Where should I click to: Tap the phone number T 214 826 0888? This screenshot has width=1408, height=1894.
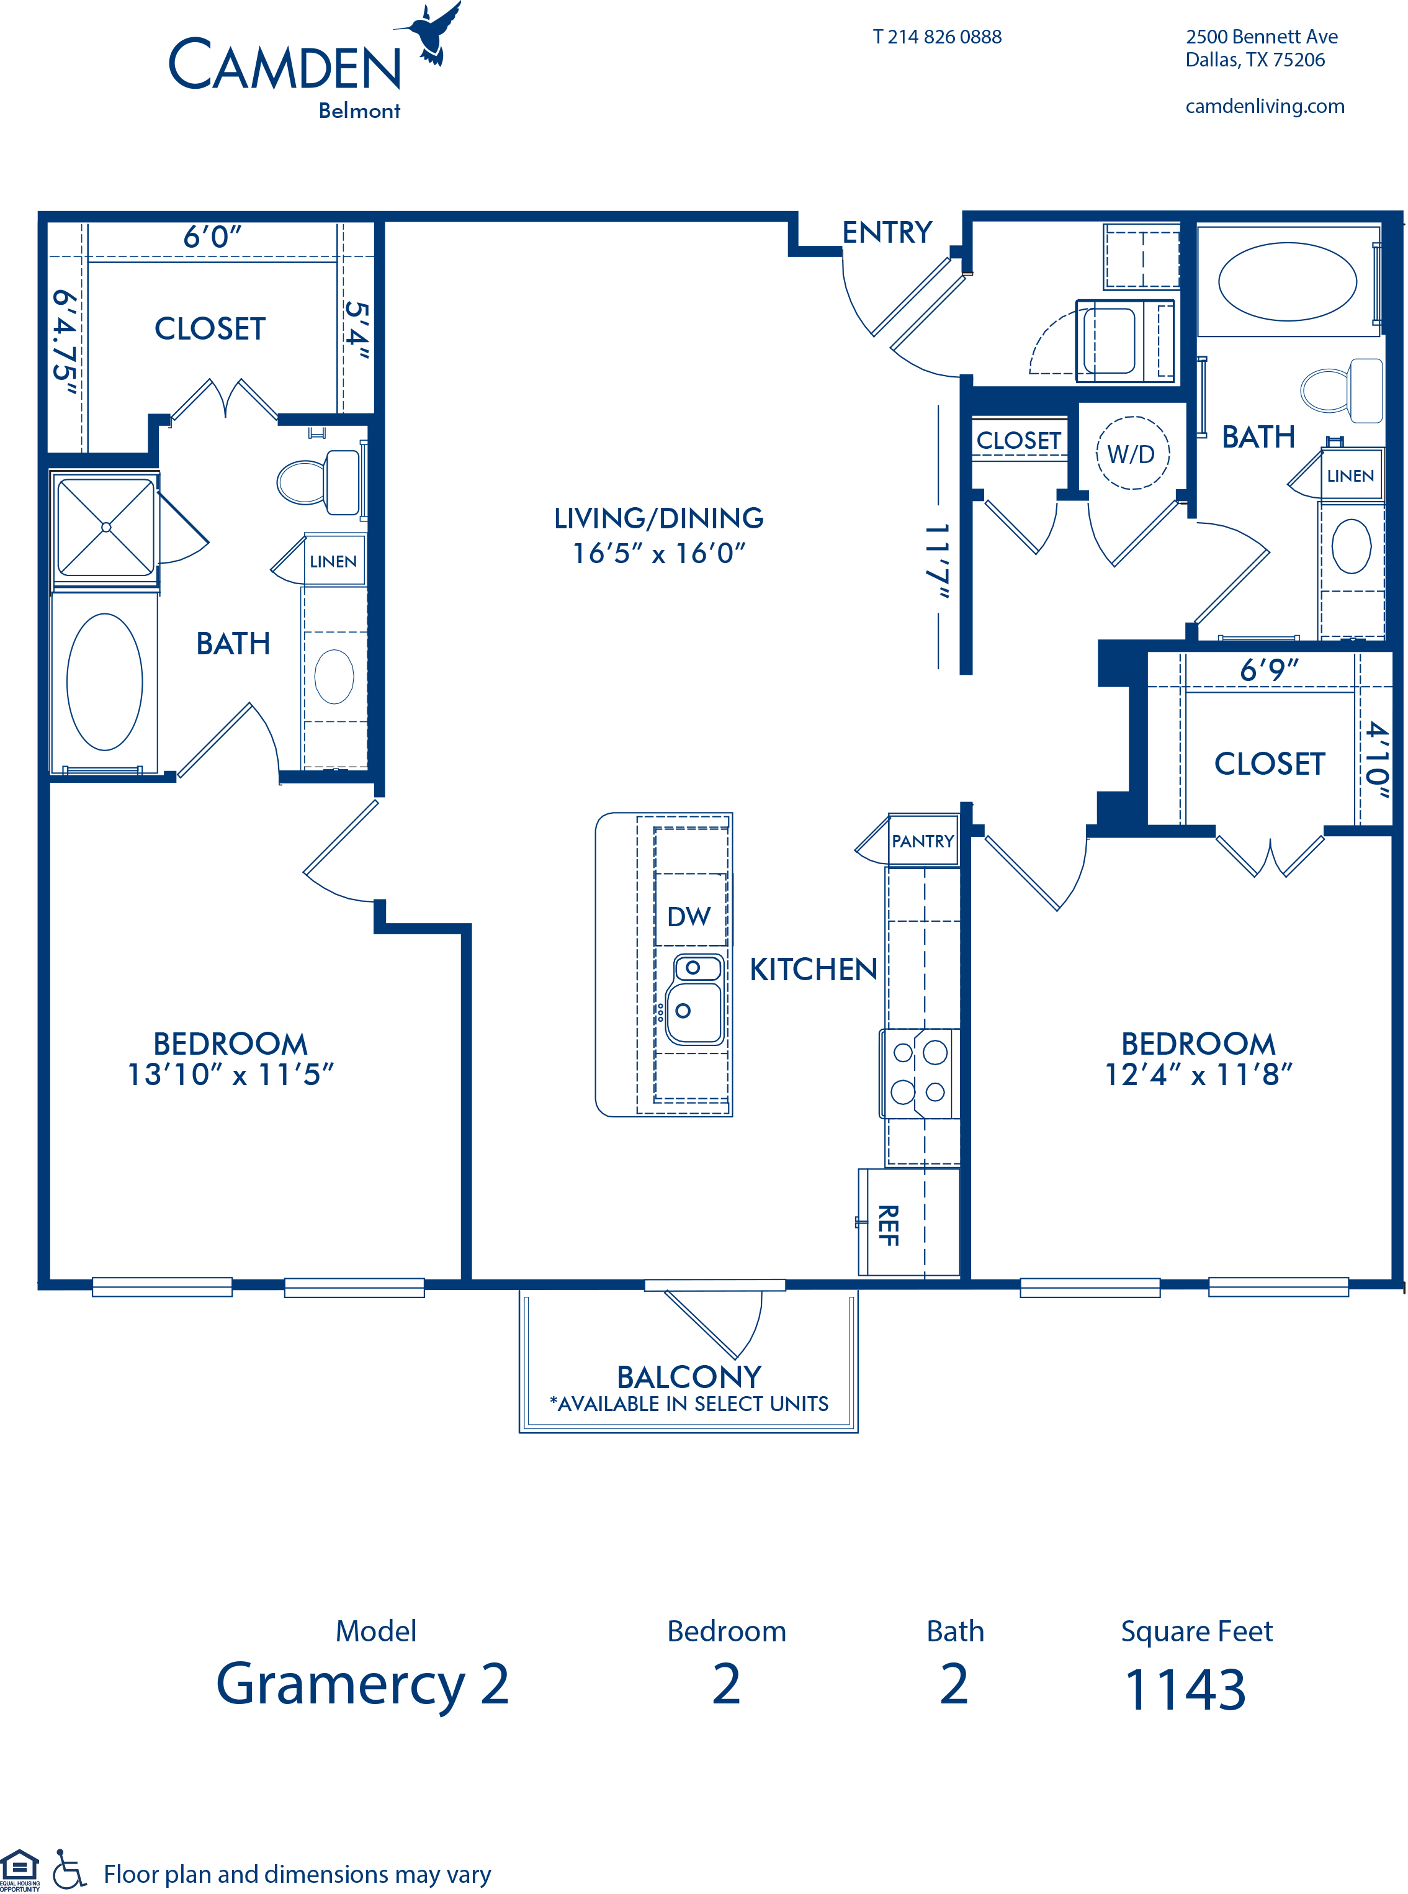(936, 37)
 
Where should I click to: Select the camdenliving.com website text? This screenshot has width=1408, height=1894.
(1265, 107)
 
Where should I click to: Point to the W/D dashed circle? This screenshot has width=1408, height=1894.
(1132, 453)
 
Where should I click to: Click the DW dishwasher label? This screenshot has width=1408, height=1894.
(689, 916)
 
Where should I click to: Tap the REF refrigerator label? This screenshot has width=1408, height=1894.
(888, 1225)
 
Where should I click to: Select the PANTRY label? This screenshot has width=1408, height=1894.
(922, 841)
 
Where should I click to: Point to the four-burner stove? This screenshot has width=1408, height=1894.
(920, 1073)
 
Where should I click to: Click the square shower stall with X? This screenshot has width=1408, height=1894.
(105, 528)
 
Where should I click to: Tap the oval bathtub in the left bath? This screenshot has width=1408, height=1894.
(105, 682)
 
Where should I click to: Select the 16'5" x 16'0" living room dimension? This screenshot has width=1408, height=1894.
(659, 553)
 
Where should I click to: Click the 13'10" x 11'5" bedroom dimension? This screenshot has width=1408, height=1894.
(230, 1075)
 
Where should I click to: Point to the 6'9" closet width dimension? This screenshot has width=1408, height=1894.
(1269, 670)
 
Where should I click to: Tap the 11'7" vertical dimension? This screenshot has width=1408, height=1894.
(938, 560)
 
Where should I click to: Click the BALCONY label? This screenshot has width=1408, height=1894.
(689, 1377)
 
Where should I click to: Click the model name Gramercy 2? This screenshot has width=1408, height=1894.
(362, 1685)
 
